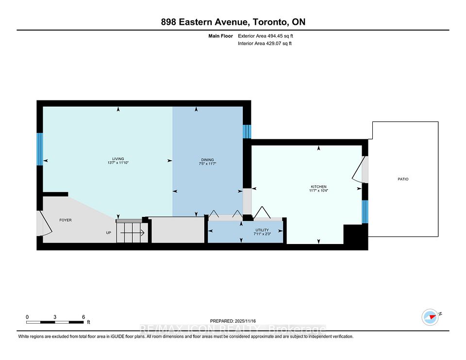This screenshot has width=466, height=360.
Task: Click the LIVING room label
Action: tap(118, 159)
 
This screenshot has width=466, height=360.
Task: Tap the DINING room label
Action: tap(208, 160)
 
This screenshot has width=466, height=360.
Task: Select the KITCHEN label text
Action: tap(318, 187)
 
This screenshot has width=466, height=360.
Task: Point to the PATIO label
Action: tap(402, 179)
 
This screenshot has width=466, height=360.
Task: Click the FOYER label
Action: tap(65, 220)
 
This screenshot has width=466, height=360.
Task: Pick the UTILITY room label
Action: tap(262, 229)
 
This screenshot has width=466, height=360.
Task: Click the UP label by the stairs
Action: tap(109, 233)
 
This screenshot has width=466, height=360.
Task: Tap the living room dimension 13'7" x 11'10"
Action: tap(118, 164)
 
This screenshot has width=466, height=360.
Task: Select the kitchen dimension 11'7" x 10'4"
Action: tap(318, 191)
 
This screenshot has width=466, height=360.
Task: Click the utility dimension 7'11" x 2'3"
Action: tap(262, 234)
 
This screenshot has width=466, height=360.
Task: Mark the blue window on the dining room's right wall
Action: tap(247, 131)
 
